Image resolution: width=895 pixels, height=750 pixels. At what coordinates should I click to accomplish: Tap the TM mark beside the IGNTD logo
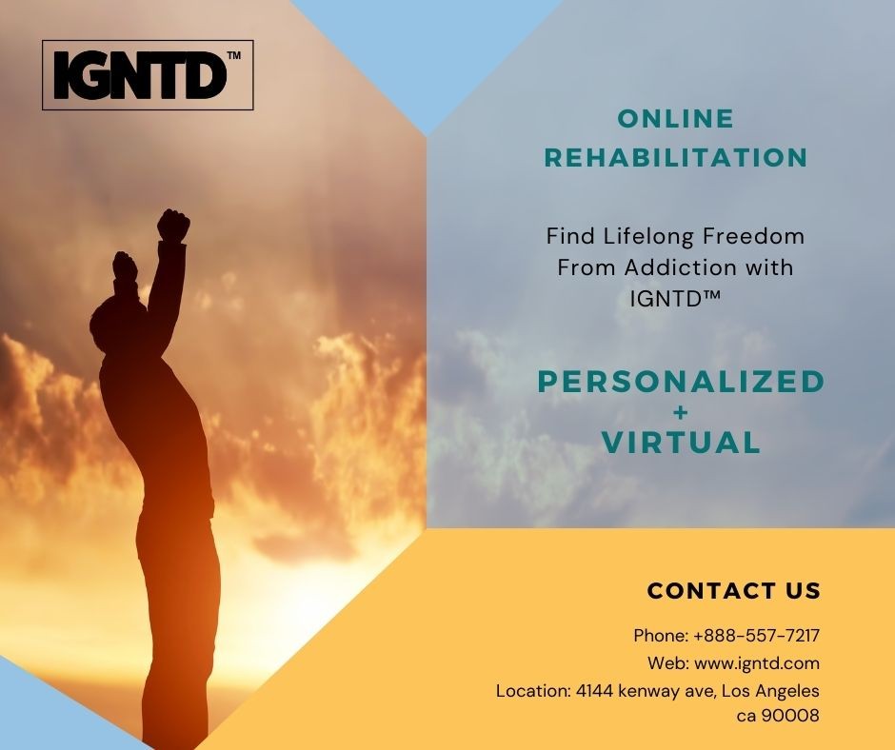coord(233,55)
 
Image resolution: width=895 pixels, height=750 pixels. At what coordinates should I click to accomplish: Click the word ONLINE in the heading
coord(676,119)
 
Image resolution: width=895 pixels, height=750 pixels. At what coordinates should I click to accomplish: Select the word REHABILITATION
coord(676,157)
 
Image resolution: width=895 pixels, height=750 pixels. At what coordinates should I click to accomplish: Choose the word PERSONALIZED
coord(681,382)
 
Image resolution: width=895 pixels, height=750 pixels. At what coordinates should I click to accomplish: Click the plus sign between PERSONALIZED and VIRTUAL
coord(681,412)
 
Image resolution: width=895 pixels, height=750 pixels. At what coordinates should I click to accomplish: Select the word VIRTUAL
coord(681,443)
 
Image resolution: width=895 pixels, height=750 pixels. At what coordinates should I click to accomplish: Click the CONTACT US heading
coord(733,591)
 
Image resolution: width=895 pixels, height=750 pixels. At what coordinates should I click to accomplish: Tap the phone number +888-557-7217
coord(756,635)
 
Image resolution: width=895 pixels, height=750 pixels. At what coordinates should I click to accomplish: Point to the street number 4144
coord(594,691)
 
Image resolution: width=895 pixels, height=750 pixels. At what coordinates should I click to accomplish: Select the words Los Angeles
coord(770,691)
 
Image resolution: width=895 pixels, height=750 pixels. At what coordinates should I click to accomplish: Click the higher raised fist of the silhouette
coord(173,225)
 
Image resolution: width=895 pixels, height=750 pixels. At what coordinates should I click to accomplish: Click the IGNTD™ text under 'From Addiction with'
coord(675,298)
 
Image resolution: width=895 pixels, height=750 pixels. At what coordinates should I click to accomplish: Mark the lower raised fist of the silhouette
coord(125,266)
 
